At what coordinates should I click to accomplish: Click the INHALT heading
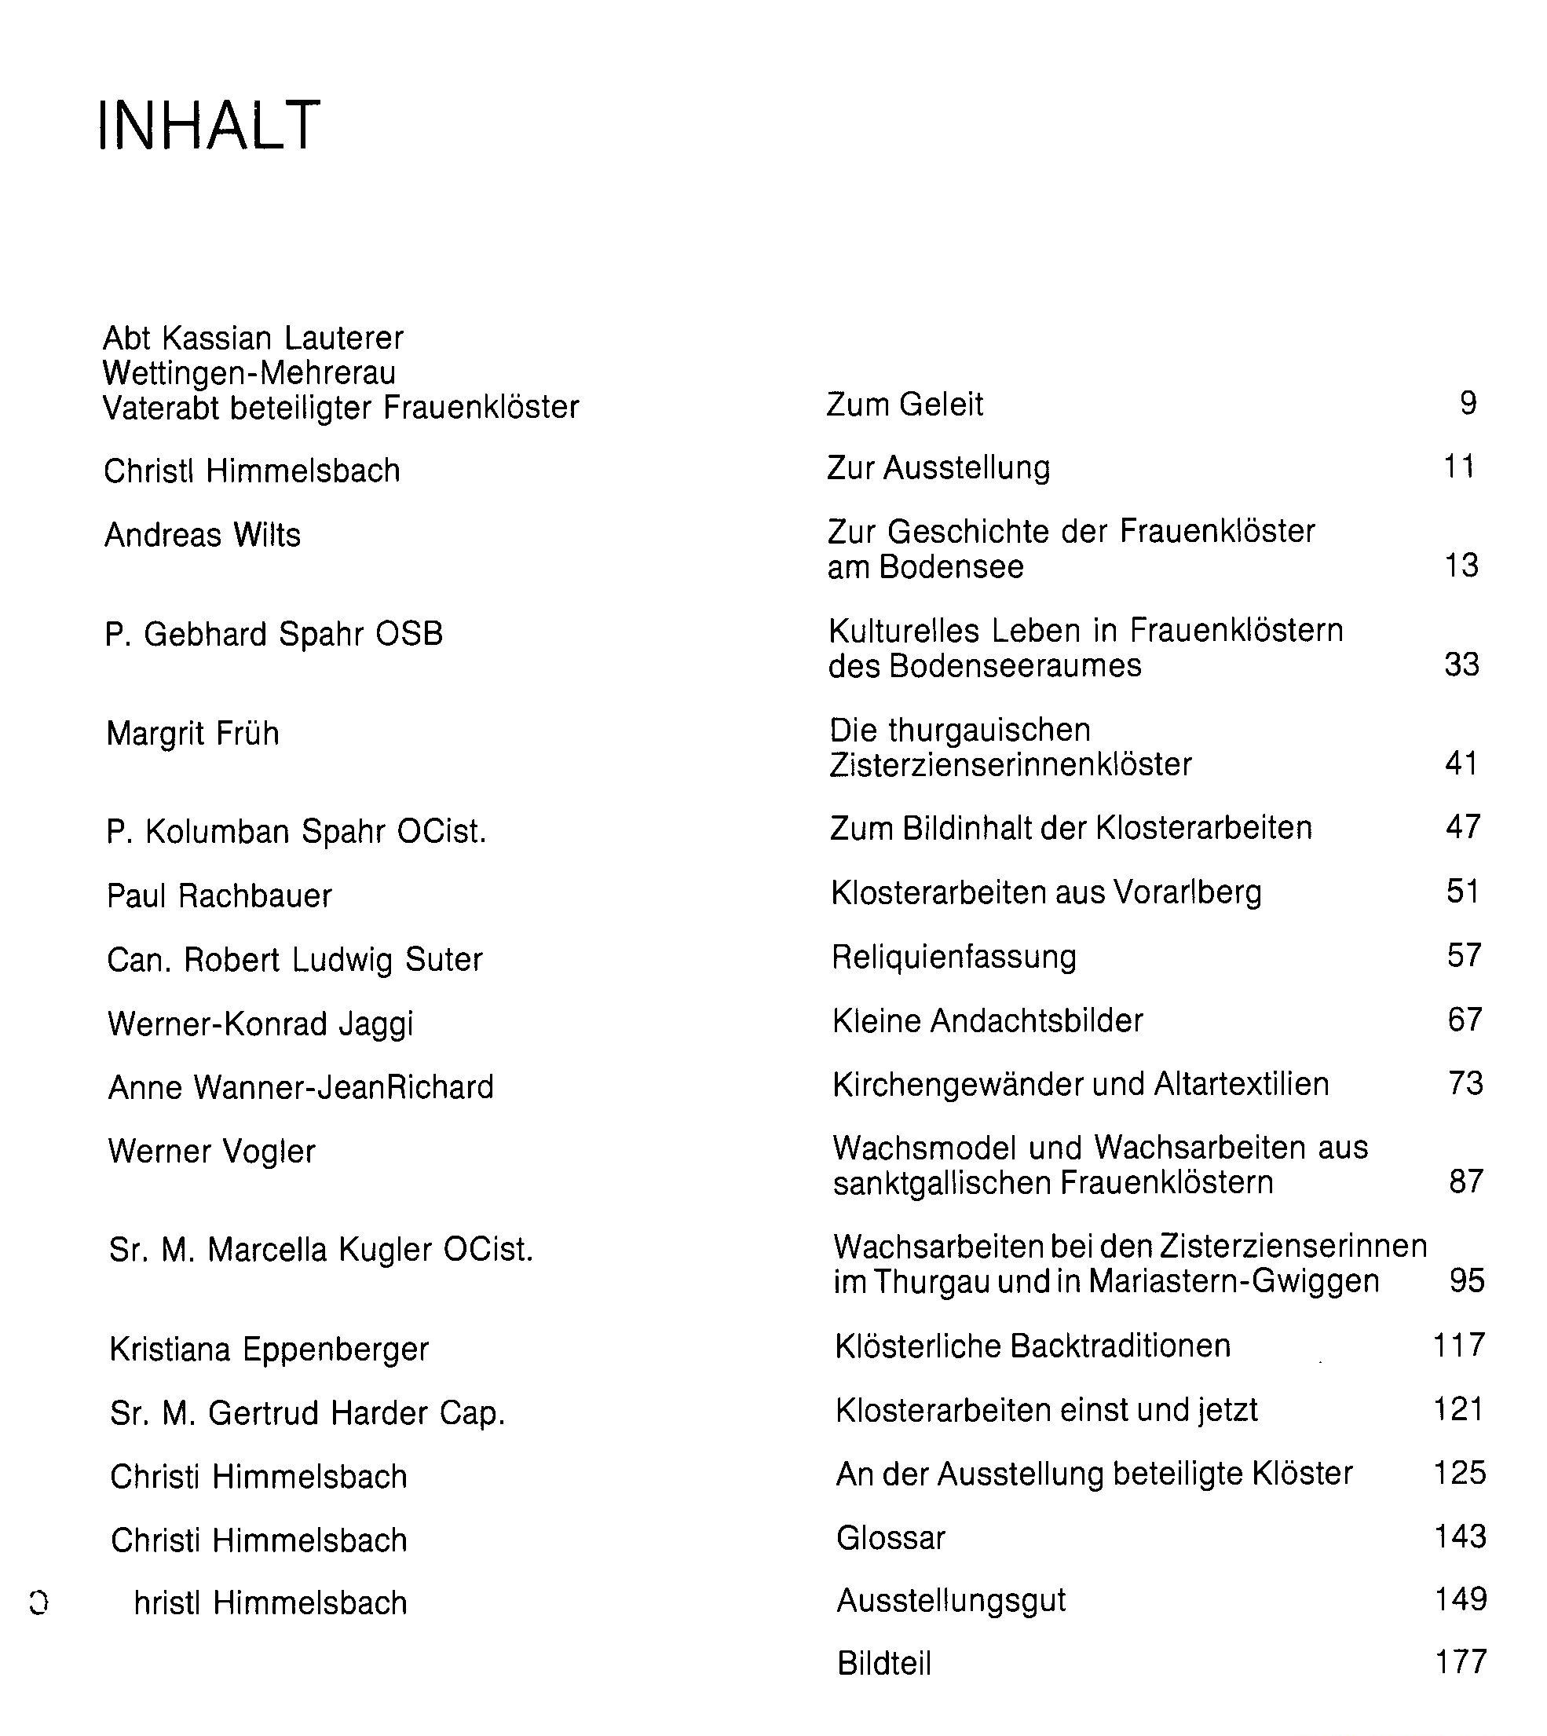pos(209,125)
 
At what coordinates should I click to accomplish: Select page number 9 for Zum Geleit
pos(1468,403)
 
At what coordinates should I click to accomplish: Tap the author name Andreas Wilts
pos(203,535)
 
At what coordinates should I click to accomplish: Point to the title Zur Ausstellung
pos(938,467)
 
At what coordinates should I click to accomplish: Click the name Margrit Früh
pos(193,733)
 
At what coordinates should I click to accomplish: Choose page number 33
pos(1461,664)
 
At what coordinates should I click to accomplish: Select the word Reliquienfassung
pos(953,957)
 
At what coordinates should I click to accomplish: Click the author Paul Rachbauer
pos(219,895)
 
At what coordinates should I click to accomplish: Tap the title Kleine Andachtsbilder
pos(988,1020)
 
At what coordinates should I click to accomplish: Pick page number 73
pos(1465,1083)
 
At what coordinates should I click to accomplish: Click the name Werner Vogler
pos(212,1151)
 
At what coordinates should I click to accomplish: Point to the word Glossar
pos(891,1537)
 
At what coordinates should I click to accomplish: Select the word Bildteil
pos(884,1663)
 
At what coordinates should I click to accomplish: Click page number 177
pos(1461,1661)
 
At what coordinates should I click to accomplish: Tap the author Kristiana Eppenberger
pos(269,1350)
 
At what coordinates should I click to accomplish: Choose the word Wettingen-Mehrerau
pos(249,372)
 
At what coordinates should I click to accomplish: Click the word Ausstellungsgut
pos(951,1600)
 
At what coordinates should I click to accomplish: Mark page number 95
pos(1466,1280)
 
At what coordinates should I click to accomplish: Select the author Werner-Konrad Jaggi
pos(260,1024)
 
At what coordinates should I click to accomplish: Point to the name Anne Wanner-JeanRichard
pos(301,1087)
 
